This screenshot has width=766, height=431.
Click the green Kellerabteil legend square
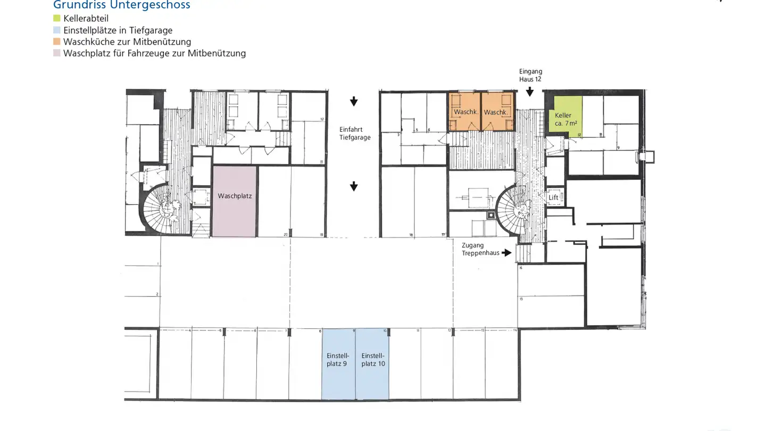point(57,19)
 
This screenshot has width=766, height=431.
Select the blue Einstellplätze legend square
point(57,30)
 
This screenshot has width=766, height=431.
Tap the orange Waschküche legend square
point(57,42)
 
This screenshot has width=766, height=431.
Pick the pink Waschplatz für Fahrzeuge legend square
point(57,53)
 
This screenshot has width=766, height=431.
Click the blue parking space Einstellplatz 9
point(338,364)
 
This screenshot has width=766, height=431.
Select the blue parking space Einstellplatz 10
point(372,364)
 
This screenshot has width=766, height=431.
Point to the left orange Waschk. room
point(464,112)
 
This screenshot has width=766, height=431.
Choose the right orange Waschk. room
point(497,112)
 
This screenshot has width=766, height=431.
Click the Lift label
point(554,197)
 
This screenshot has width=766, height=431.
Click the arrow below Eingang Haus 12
point(530,92)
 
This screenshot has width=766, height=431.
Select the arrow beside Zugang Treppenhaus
point(506,253)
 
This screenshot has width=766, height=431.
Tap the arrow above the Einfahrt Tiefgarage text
point(354,102)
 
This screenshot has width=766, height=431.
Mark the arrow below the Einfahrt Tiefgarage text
point(354,186)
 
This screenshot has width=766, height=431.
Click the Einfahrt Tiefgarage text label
point(355,133)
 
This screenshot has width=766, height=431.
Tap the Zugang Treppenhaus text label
point(480,249)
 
